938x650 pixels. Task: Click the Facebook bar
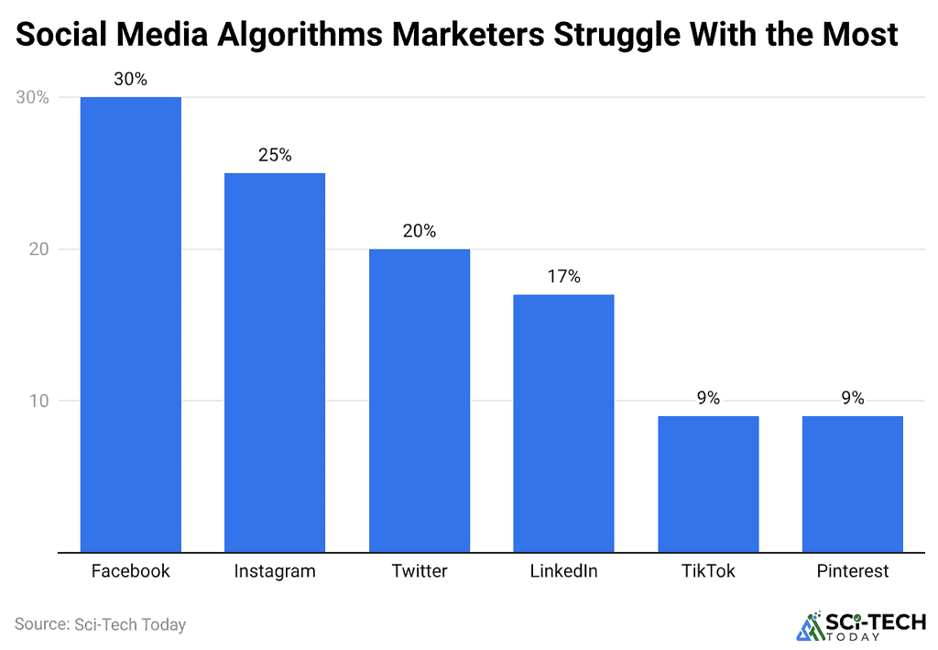pos(131,325)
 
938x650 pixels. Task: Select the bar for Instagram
pos(275,362)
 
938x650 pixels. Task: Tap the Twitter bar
pos(420,401)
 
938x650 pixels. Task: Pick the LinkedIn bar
pos(563,423)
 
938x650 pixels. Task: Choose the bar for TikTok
pos(707,484)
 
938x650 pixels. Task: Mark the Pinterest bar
pos(852,484)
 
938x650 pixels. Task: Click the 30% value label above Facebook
pos(131,80)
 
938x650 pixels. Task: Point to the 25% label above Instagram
pos(275,156)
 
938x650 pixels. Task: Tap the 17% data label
pos(563,277)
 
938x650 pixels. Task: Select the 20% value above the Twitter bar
pos(420,232)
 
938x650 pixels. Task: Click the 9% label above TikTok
pos(707,399)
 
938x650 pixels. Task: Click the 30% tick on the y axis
pos(32,98)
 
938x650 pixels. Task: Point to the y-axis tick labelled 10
pos(40,401)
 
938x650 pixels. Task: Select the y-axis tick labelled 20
pos(40,249)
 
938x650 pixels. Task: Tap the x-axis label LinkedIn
pos(563,571)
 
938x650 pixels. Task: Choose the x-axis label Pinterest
pos(852,571)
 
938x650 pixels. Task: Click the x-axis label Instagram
pos(275,571)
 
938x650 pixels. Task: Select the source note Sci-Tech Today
pos(100,625)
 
